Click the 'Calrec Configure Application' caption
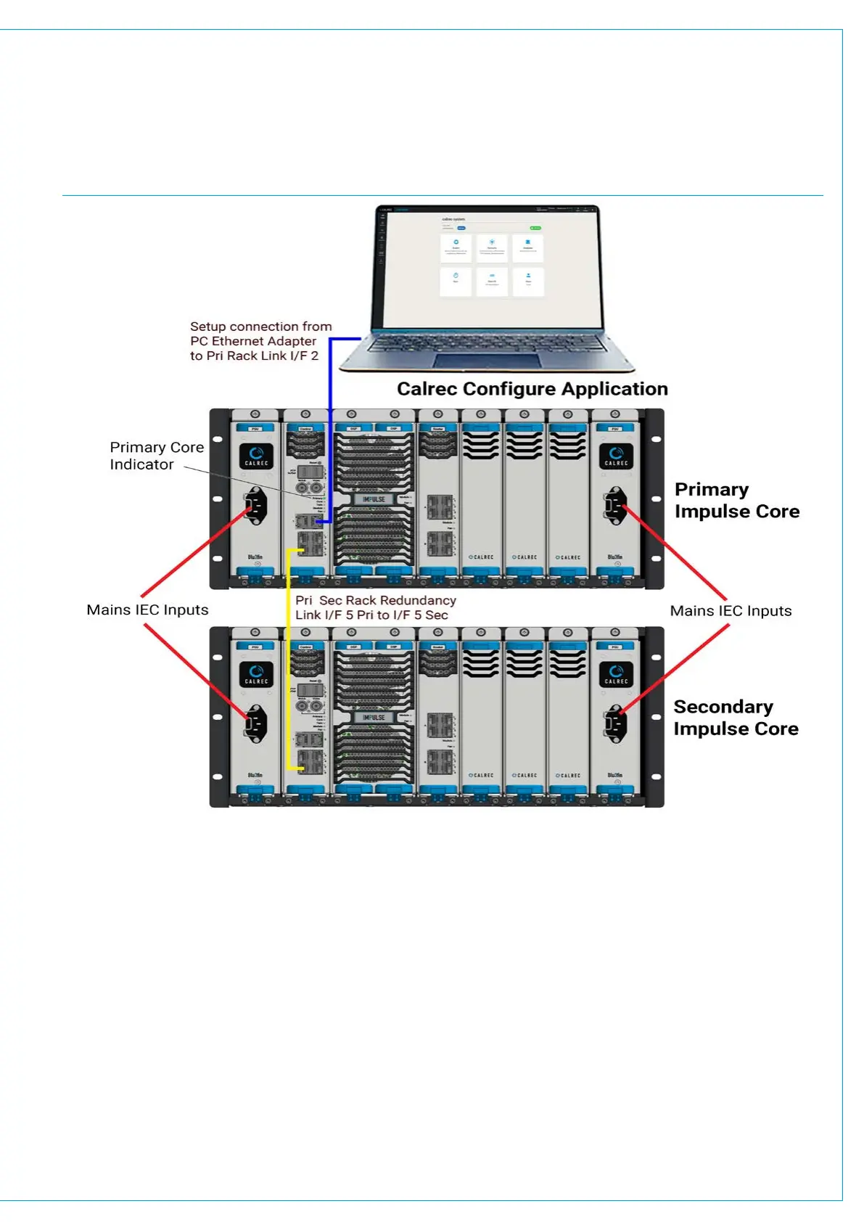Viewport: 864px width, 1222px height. (532, 389)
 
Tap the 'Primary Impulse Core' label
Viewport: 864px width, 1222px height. (736, 501)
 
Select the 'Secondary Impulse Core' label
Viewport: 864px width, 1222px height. (735, 718)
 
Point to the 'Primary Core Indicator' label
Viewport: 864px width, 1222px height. (156, 456)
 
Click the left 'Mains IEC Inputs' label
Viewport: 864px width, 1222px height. (147, 610)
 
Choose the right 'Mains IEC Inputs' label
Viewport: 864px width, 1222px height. (731, 611)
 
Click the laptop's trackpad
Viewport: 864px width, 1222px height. (487, 361)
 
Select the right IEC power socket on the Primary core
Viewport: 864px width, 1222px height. (615, 505)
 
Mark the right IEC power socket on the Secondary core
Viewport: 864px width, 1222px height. (615, 723)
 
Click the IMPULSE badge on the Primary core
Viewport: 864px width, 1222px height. (374, 499)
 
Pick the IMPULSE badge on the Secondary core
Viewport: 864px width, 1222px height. (374, 718)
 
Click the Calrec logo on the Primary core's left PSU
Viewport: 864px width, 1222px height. (256, 456)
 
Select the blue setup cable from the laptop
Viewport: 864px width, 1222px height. (330, 435)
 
